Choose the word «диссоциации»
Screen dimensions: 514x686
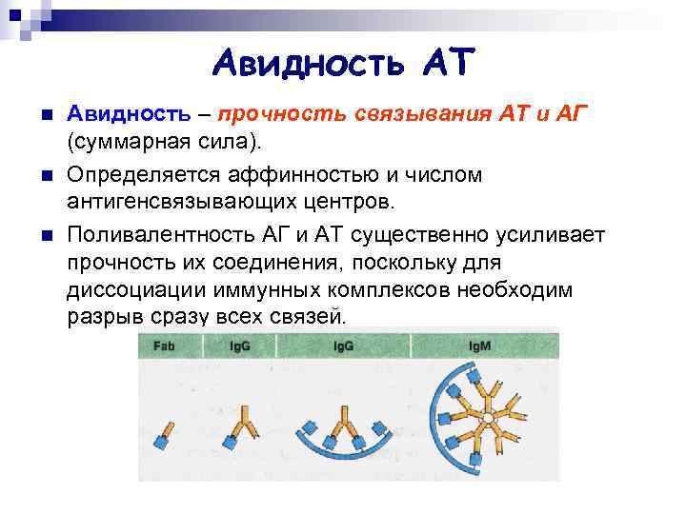[x=133, y=289]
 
